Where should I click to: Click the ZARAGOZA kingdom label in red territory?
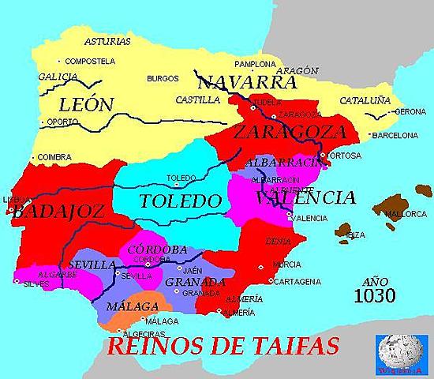(x=290, y=131)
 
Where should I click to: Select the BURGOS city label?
(x=163, y=79)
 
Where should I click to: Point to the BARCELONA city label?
(x=395, y=135)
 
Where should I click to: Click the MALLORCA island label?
(x=406, y=213)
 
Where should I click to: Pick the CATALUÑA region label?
(x=365, y=100)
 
